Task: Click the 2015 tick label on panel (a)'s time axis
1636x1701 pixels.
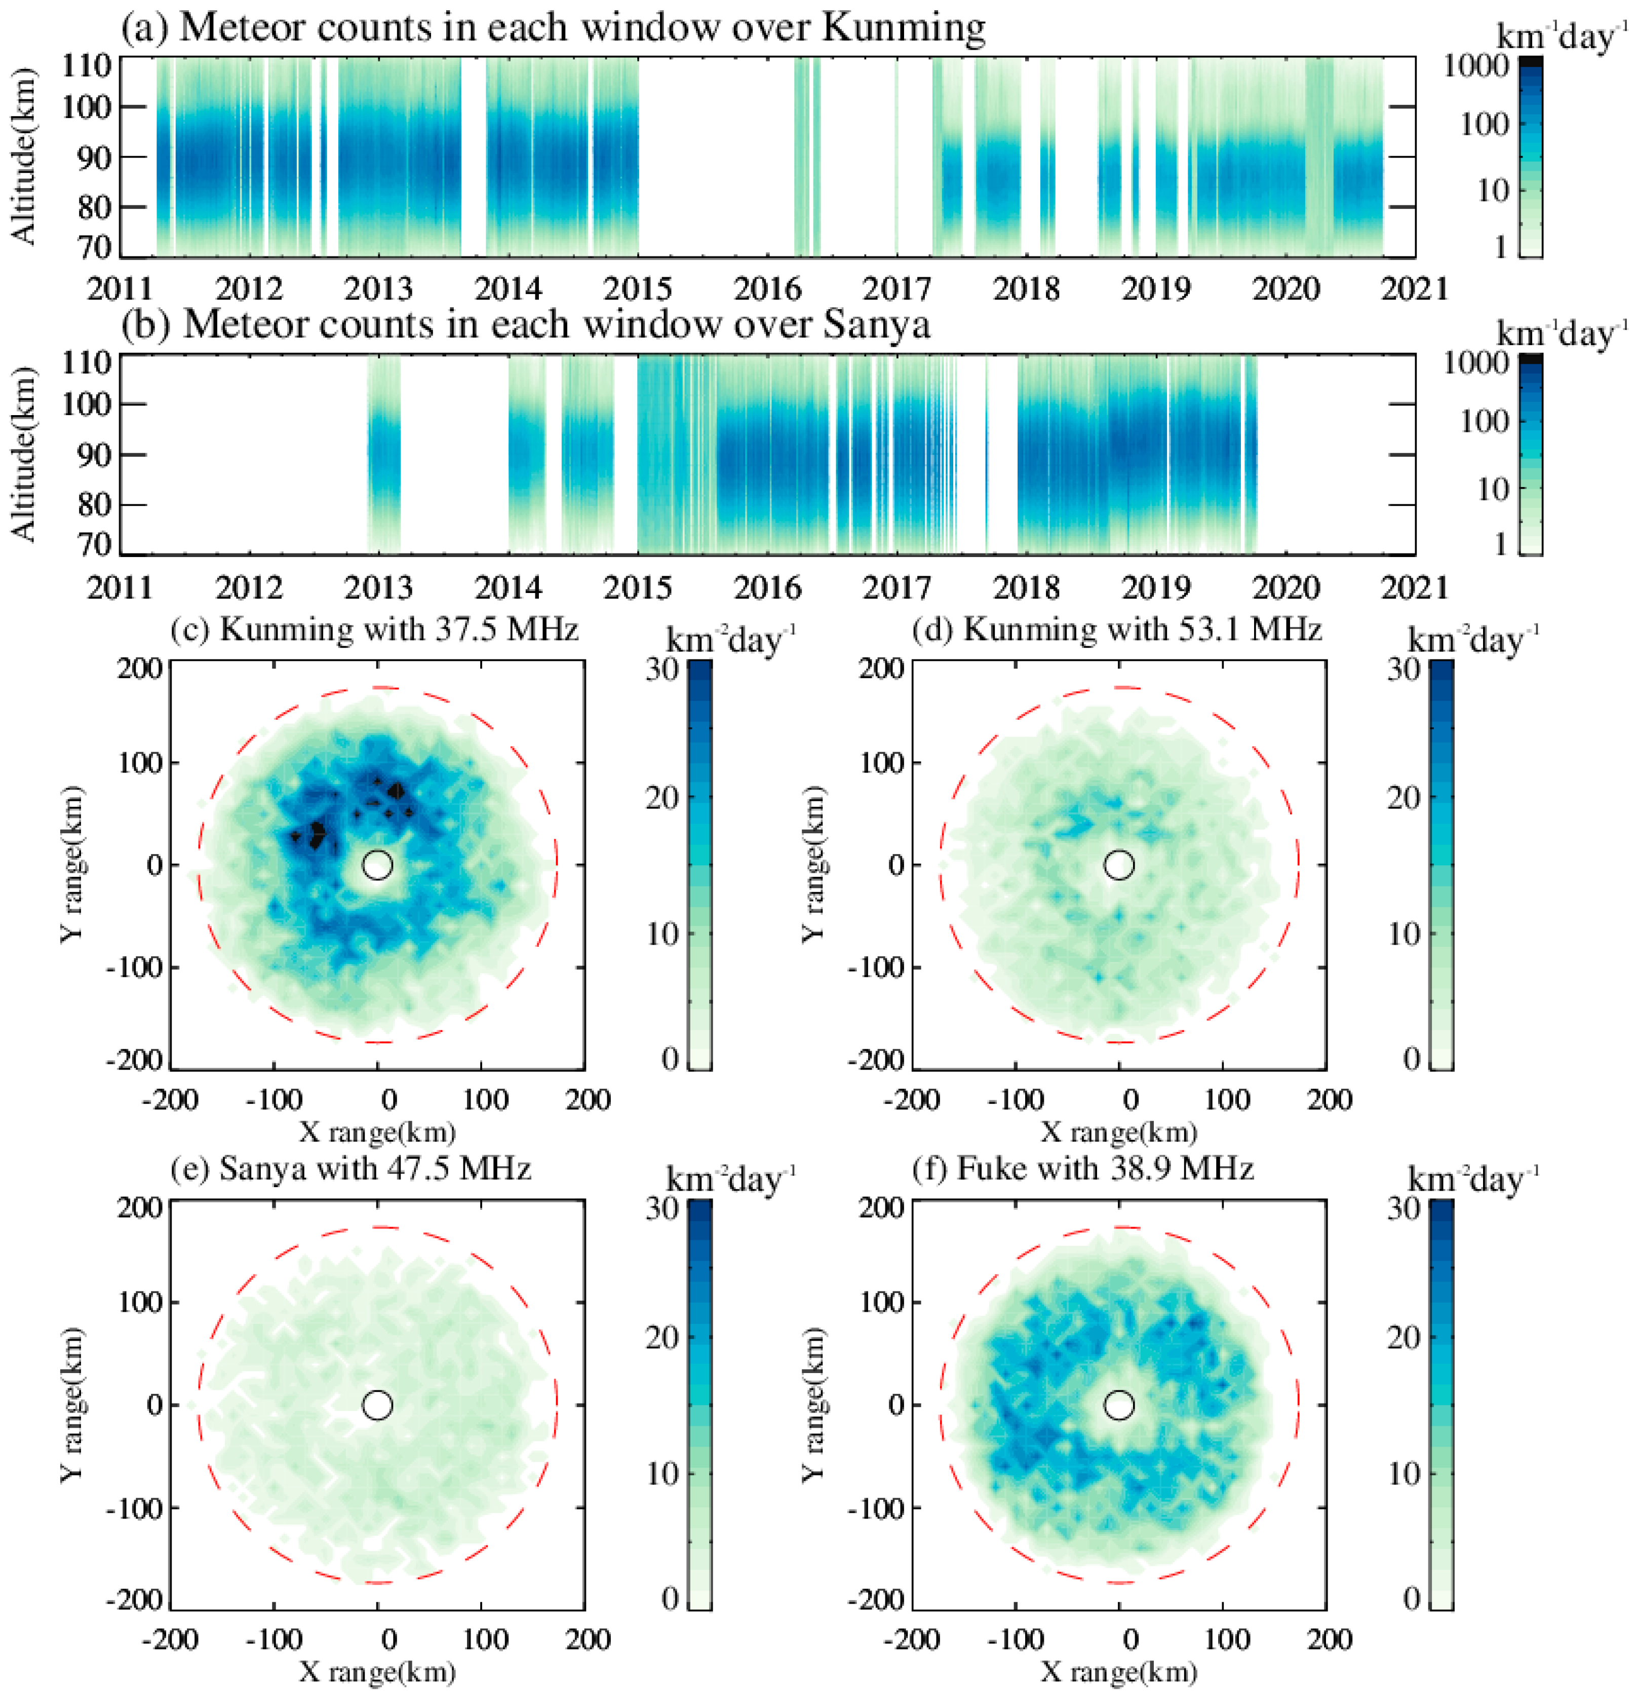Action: [638, 288]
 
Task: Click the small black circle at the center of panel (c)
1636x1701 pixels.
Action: [377, 864]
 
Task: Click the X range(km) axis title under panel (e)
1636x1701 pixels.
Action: [377, 1671]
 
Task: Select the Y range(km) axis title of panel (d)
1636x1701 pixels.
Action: [813, 864]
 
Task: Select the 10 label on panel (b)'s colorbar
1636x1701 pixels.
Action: [1492, 489]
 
